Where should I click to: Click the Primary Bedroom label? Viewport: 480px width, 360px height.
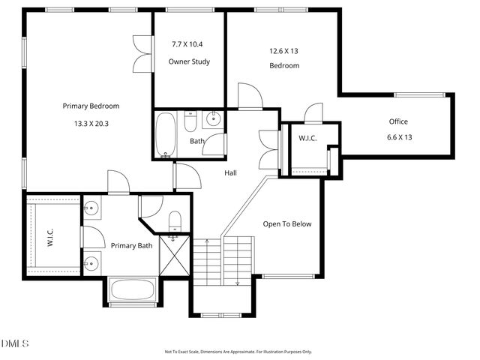coord(91,106)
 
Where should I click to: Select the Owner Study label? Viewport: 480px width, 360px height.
coord(189,61)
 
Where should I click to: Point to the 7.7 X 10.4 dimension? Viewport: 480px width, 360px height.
coord(189,44)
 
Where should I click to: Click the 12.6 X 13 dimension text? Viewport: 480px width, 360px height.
coord(284,51)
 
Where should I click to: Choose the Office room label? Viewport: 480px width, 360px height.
coord(398,121)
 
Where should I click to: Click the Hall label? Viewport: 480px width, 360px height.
coord(231,173)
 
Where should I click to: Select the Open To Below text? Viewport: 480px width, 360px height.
coord(286,223)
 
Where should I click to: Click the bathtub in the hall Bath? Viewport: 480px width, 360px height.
coord(165,134)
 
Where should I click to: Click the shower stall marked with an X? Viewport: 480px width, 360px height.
coord(173,257)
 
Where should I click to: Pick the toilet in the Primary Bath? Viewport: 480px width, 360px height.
coord(175,220)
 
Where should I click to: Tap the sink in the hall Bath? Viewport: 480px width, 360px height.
coord(213,118)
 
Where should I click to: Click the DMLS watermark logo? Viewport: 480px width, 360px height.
coord(15,343)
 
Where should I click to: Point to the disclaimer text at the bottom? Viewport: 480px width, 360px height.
coord(238,351)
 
